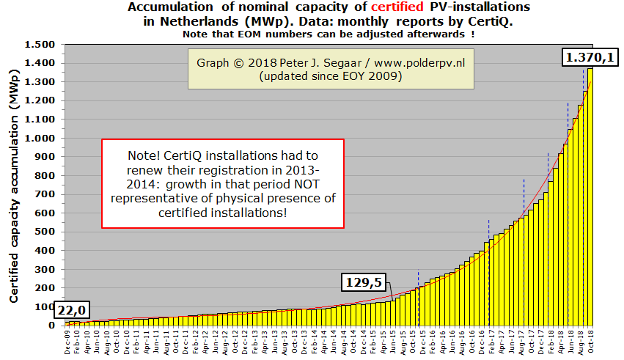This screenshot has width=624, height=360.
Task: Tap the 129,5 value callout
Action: [x=365, y=283]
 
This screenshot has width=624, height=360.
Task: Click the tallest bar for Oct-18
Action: [x=590, y=198]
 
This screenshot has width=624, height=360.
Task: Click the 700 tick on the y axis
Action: [x=48, y=194]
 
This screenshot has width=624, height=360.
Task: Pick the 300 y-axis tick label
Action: [x=48, y=269]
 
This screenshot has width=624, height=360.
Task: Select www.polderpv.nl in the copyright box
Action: [x=416, y=63]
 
